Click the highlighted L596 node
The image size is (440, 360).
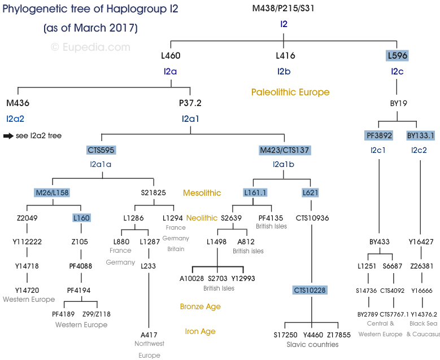pyautogui.click(x=397, y=55)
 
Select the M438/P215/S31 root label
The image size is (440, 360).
pyautogui.click(x=284, y=8)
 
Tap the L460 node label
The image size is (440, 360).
pyautogui.click(x=171, y=55)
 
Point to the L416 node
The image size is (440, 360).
pyautogui.click(x=285, y=55)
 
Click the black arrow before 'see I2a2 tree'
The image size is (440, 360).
pyautogui.click(x=8, y=136)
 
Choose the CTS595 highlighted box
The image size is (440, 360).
pyautogui.click(x=102, y=150)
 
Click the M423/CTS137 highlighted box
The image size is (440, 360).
pyautogui.click(x=285, y=150)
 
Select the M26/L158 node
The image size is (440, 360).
pyautogui.click(x=52, y=192)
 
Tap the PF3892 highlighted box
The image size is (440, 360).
pyautogui.click(x=378, y=135)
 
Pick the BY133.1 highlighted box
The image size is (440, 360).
pyautogui.click(x=421, y=135)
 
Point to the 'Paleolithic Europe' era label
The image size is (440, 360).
pyautogui.click(x=290, y=92)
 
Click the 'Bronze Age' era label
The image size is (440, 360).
pyautogui.click(x=200, y=306)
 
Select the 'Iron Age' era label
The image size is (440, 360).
pyautogui.click(x=200, y=331)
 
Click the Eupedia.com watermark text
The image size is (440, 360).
pyautogui.click(x=90, y=47)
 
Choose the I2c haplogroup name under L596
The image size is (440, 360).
pyautogui.click(x=397, y=71)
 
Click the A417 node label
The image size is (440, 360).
pyautogui.click(x=149, y=334)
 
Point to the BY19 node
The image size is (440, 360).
pyautogui.click(x=398, y=103)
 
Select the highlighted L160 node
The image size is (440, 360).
pyautogui.click(x=81, y=218)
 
